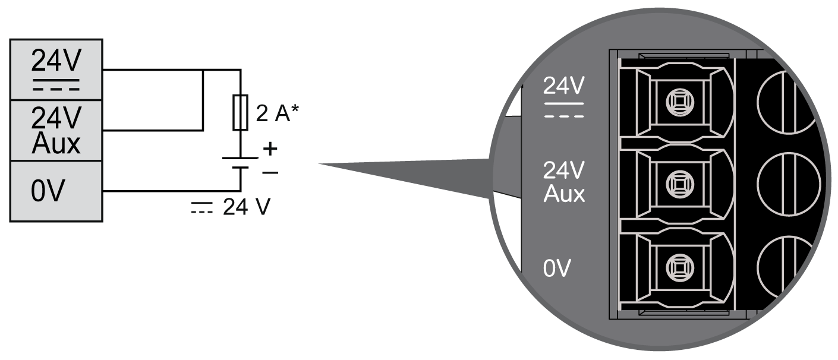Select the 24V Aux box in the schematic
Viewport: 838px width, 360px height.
56,131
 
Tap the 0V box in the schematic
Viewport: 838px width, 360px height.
56,191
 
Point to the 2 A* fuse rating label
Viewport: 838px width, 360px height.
277,114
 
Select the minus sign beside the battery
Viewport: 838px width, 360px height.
270,172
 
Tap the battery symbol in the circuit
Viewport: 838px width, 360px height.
240,163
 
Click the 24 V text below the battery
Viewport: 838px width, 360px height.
247,207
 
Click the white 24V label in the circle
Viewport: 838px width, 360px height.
563,87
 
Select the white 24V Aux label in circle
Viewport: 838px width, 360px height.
563,182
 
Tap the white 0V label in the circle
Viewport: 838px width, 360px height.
556,268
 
